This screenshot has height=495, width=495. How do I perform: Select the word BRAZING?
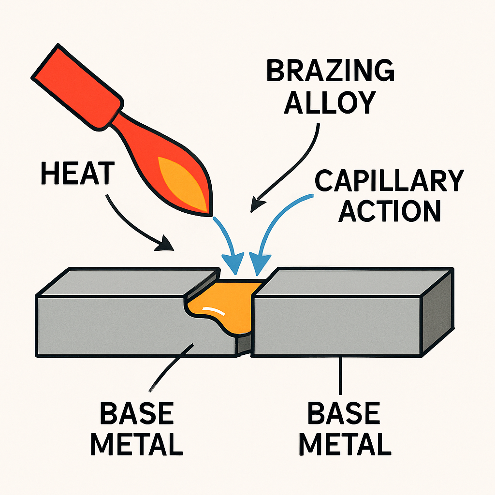tap(330, 72)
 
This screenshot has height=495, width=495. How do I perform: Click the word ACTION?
tap(389, 210)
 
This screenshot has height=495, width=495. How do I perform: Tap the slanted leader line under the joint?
tap(172, 367)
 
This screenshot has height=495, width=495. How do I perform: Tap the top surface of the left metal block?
tap(126, 281)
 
